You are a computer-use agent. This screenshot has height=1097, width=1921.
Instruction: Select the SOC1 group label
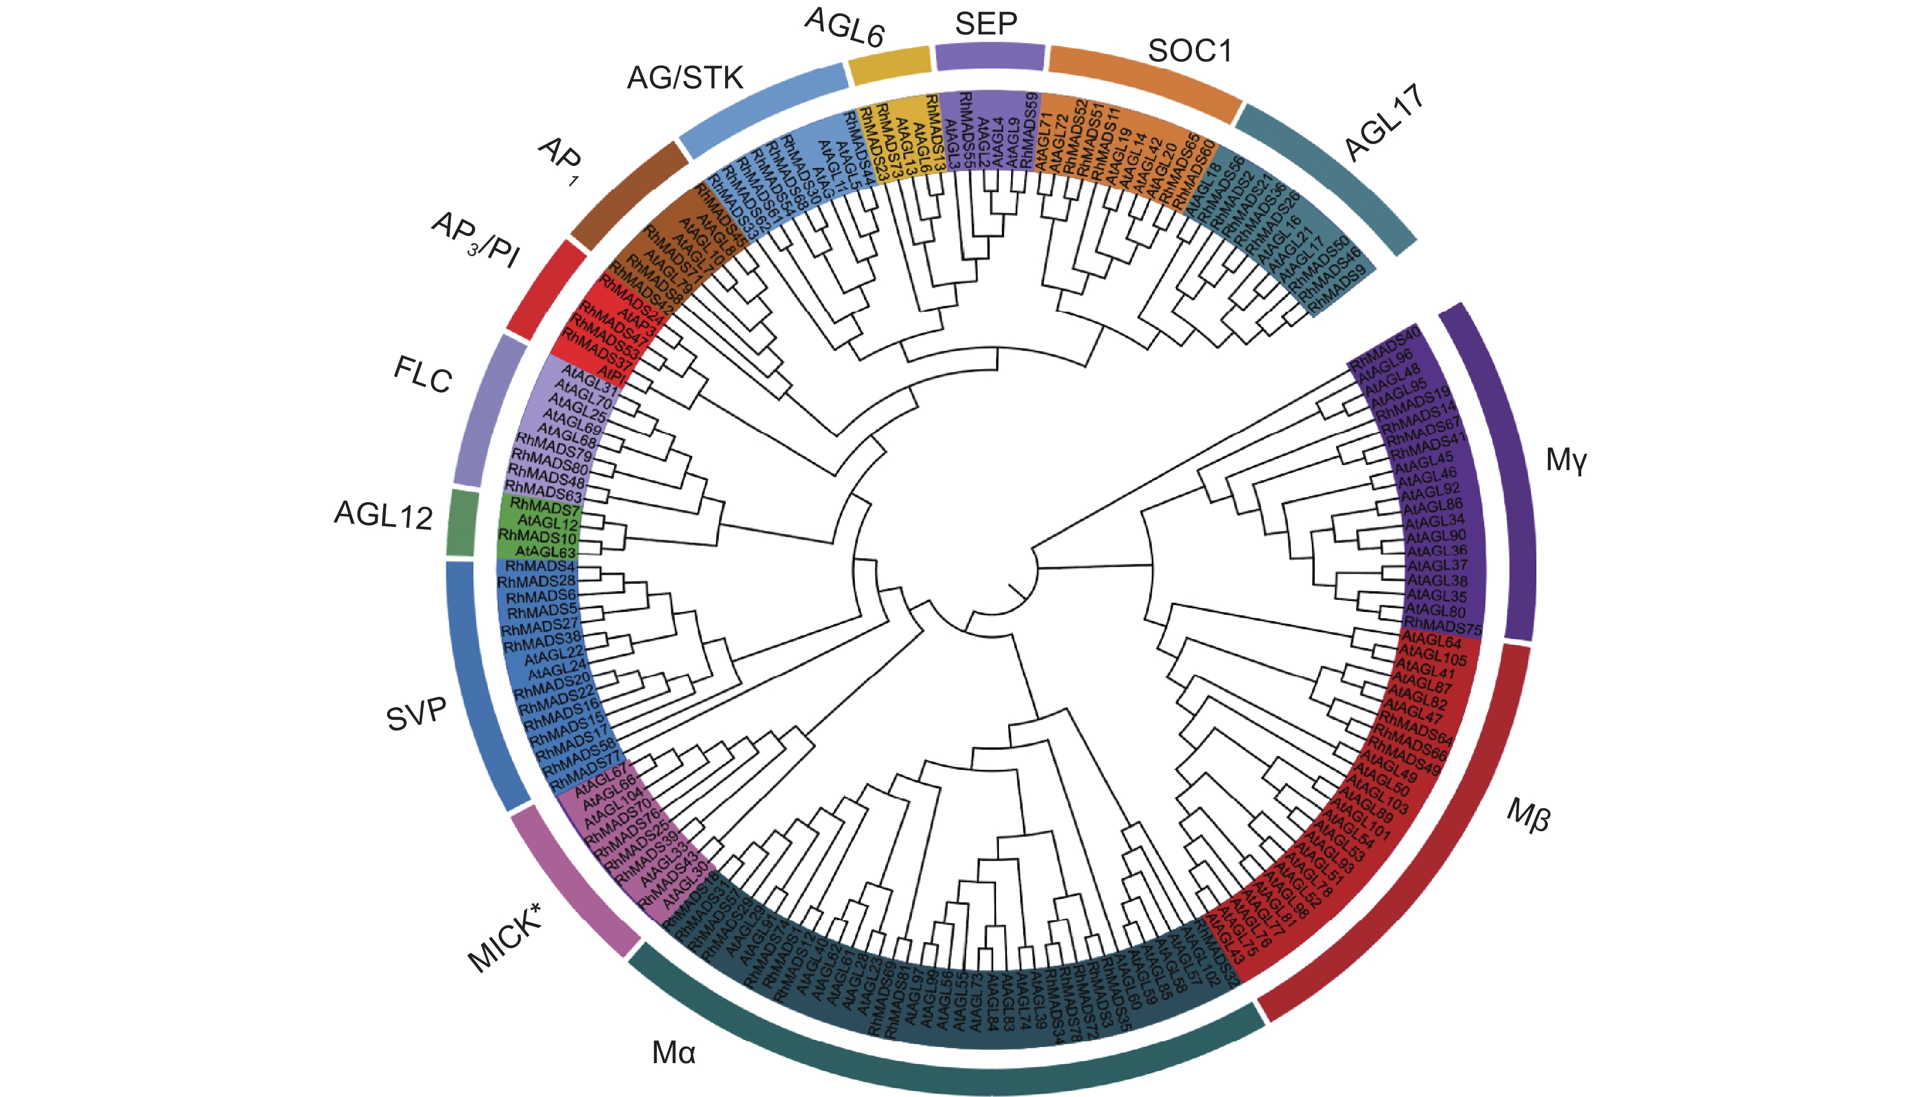tap(1190, 51)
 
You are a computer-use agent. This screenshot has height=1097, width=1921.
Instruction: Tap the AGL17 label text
tap(1385, 123)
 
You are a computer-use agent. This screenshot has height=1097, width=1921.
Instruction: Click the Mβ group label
tap(1528, 815)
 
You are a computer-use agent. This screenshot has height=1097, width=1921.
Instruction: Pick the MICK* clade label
tap(505, 938)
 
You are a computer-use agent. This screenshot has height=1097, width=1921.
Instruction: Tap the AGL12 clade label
tap(383, 515)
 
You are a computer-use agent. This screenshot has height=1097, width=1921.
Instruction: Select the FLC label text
tap(423, 374)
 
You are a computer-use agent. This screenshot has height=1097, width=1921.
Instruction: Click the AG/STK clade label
tap(685, 77)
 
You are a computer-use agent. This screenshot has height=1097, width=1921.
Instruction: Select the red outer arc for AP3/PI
tap(546, 289)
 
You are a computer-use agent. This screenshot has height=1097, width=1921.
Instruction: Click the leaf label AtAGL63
tap(545, 552)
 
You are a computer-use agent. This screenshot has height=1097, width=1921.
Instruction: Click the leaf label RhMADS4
tap(540, 566)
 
